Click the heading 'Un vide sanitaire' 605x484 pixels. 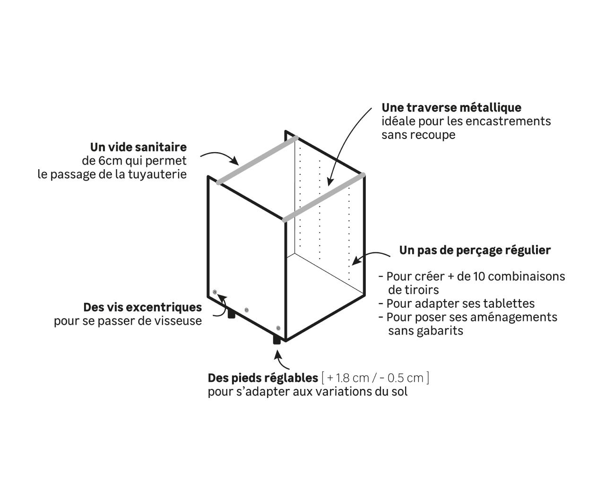(x=138, y=147)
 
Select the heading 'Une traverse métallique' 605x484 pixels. (x=451, y=108)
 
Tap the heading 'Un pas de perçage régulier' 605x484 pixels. (x=475, y=250)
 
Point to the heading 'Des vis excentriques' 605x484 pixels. (x=142, y=307)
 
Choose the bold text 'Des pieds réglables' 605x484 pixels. (x=263, y=378)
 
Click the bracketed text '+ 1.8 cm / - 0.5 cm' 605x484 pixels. (x=375, y=378)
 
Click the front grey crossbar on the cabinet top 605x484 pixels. (x=324, y=198)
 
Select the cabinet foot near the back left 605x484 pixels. (x=231, y=313)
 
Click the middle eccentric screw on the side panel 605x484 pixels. (x=246, y=310)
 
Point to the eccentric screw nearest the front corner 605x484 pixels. (x=278, y=328)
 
